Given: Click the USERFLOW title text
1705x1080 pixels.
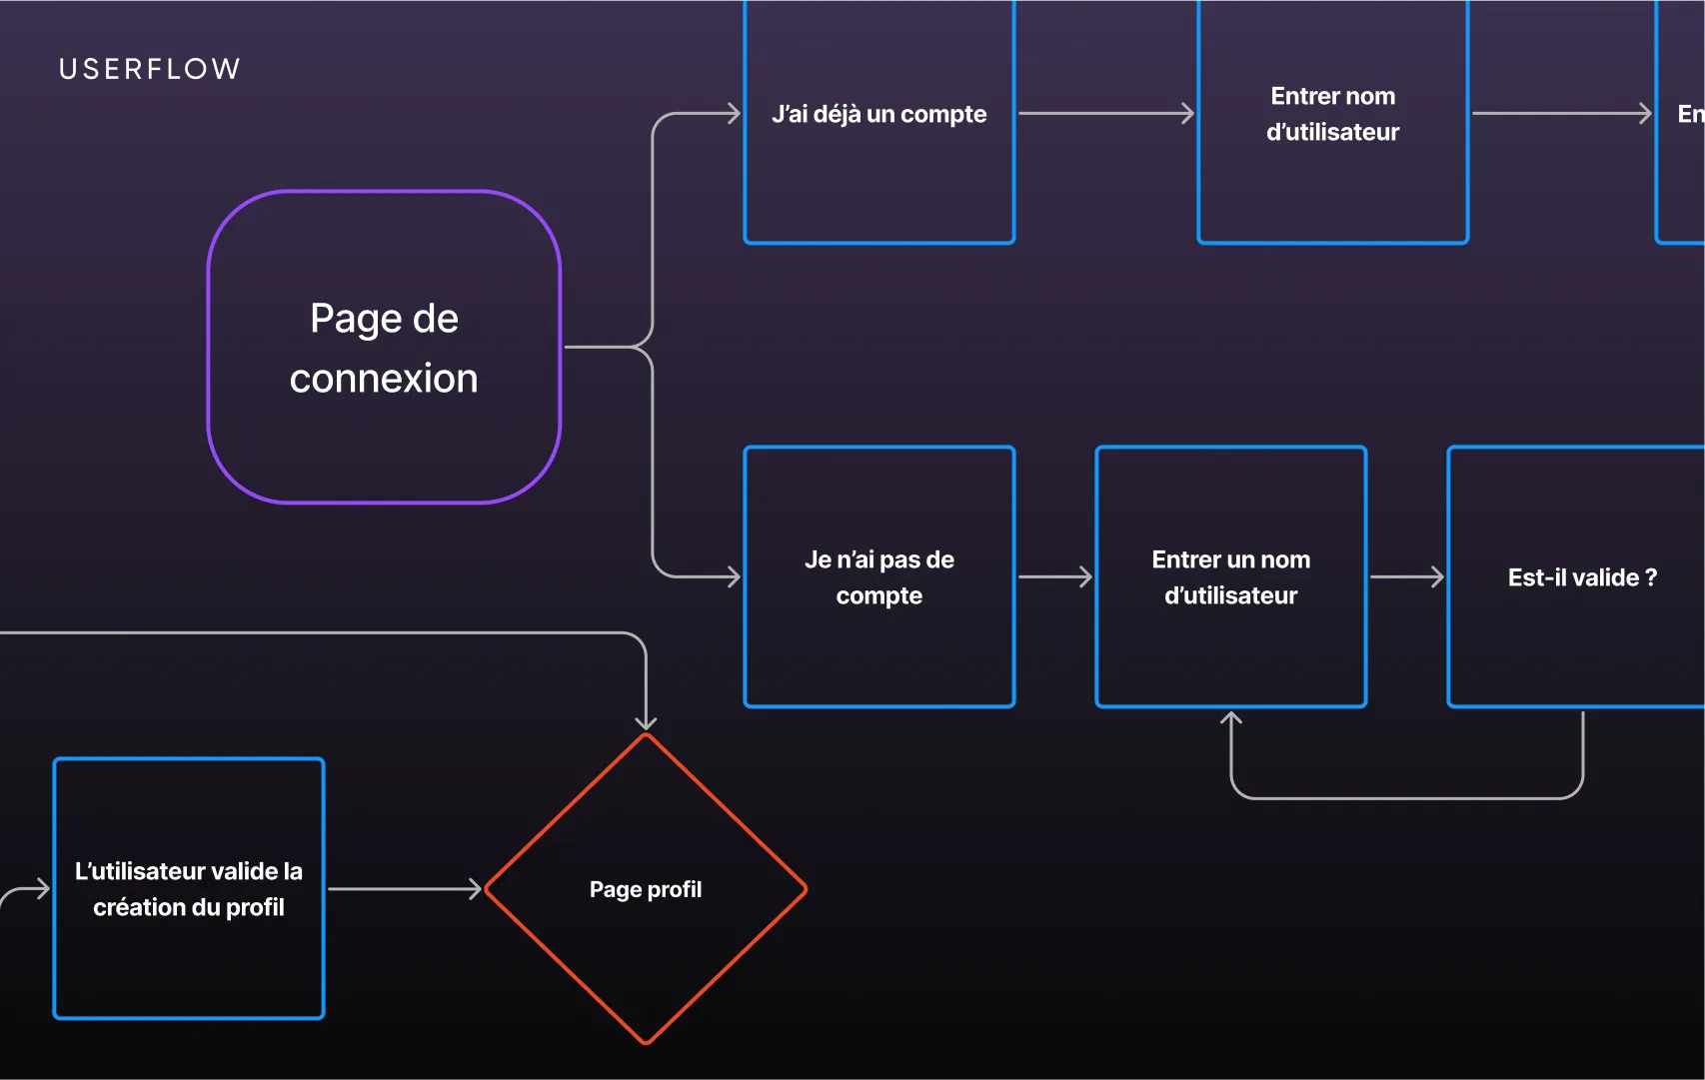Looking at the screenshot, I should coord(150,69).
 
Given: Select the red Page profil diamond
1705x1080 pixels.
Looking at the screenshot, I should coord(646,949).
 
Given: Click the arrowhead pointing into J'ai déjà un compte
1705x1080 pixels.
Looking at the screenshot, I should coord(734,114).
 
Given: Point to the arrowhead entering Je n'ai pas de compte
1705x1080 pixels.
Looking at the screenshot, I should coord(734,576).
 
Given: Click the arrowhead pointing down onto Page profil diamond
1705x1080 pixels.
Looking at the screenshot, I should coord(646,721).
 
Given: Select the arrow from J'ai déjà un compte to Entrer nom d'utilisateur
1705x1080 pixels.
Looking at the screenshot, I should coord(1104,114).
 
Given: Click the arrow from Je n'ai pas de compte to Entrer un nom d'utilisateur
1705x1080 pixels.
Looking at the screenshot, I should coord(1054,576).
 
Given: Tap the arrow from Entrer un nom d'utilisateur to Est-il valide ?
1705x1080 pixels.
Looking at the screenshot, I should coord(1406,576).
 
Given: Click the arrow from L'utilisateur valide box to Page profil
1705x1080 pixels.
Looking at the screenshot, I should coord(404,888).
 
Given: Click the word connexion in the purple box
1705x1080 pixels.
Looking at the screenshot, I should coord(384,379).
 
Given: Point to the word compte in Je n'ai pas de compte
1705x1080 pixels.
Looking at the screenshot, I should coord(878,595).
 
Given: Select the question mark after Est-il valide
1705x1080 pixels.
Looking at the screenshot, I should coord(1650,577).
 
